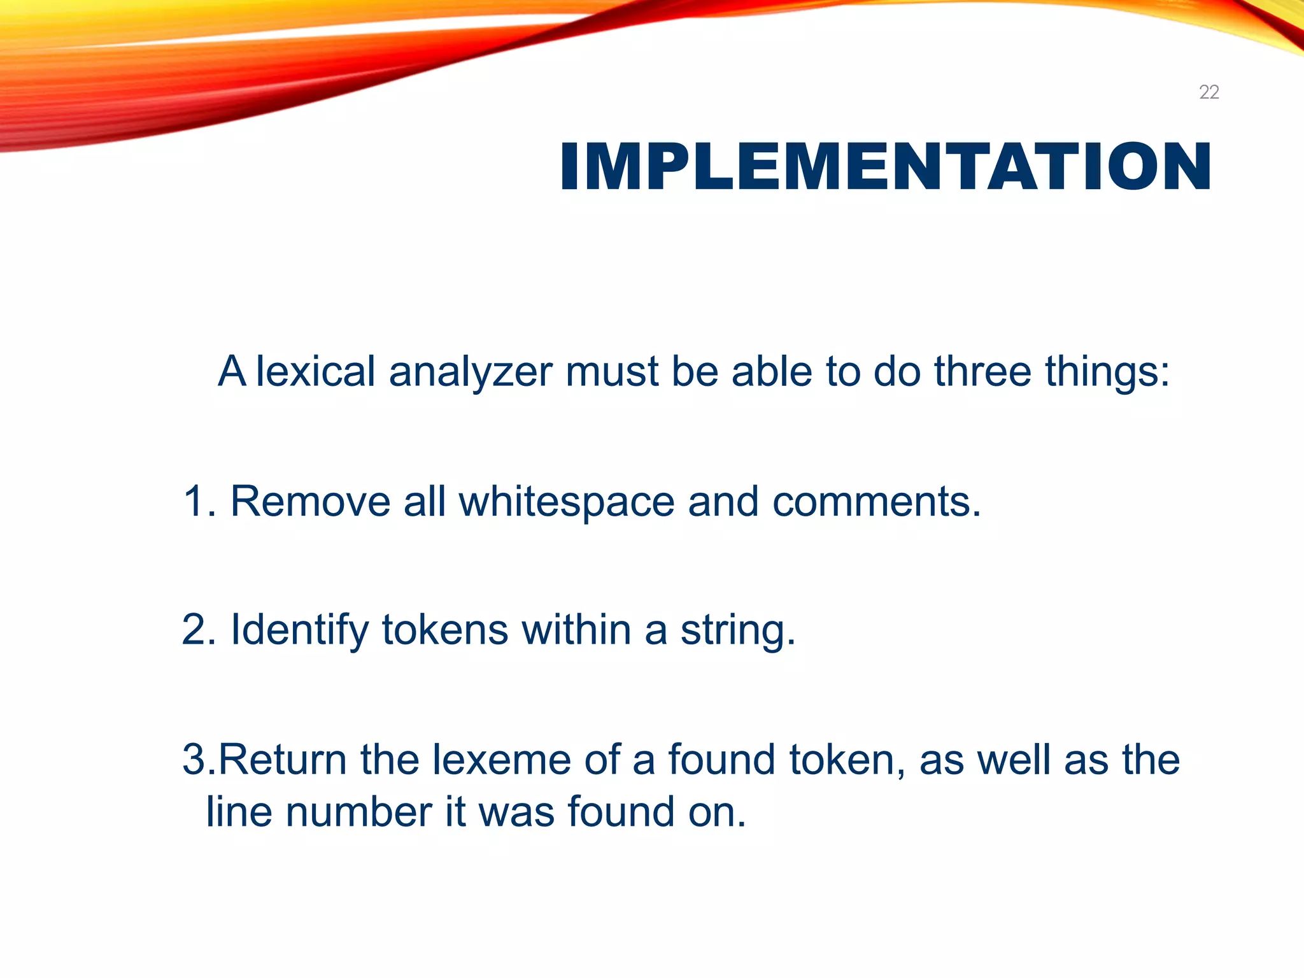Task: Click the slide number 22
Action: coord(1208,92)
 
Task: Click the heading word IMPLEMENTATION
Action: coord(885,167)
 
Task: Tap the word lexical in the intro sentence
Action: coord(315,371)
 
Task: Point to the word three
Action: coord(982,371)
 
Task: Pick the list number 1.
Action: coord(194,502)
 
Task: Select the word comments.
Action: coord(877,502)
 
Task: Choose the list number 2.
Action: coord(194,630)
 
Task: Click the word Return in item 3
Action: coord(283,760)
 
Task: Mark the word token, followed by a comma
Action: coord(847,760)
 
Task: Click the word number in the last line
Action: coord(358,812)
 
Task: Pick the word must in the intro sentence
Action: coord(612,371)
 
